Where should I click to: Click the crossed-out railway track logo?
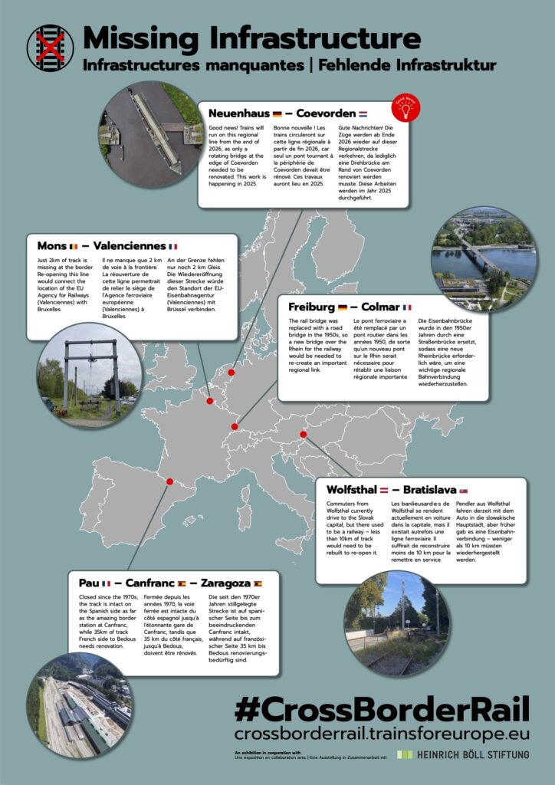click(50, 48)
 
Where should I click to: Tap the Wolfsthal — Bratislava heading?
click(391, 489)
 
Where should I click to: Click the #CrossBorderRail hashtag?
click(381, 710)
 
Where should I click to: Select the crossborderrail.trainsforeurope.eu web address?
click(381, 734)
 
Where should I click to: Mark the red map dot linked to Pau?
click(170, 483)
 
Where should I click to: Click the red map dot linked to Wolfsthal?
click(304, 435)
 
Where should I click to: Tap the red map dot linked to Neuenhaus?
click(230, 374)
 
